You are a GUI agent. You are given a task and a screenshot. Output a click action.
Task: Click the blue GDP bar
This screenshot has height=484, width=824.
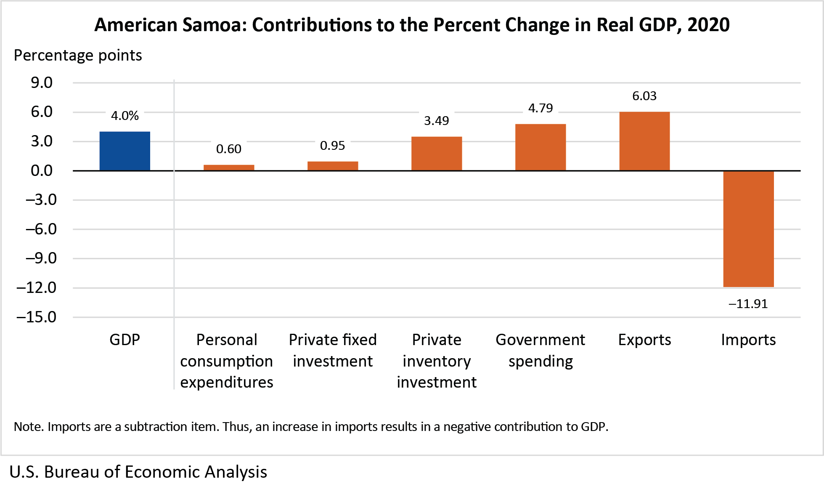125,151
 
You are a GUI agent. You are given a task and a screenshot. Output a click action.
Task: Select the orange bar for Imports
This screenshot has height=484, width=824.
748,229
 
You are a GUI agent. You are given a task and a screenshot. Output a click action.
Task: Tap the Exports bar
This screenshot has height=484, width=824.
644,141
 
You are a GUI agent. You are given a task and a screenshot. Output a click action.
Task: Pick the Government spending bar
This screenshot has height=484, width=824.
541,147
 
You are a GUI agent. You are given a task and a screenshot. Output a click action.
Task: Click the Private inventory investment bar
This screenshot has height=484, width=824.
437,154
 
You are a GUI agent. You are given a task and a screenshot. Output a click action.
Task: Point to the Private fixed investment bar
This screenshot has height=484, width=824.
333,166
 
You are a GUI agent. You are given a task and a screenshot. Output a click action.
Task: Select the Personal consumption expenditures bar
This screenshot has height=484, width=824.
229,168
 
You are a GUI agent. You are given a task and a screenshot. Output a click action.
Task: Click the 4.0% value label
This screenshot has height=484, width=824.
125,116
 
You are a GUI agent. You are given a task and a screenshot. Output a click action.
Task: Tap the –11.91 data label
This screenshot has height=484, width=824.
748,304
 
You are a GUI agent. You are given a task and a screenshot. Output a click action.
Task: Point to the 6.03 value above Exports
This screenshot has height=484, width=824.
644,96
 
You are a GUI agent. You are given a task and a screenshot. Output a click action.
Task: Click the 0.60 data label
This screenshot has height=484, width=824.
229,149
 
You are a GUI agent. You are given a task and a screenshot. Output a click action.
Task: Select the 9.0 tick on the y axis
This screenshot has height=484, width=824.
42,83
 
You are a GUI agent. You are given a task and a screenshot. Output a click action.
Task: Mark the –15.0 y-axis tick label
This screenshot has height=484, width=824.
37,317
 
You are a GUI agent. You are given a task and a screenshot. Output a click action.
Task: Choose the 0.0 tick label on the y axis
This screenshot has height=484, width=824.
42,170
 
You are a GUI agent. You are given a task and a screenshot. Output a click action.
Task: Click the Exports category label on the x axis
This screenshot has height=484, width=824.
644,340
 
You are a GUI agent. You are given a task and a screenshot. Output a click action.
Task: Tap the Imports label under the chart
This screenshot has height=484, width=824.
748,340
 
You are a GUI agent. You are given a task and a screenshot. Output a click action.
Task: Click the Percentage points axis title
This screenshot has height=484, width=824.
78,56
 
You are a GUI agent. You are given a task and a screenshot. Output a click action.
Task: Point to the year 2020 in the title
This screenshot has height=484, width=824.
708,25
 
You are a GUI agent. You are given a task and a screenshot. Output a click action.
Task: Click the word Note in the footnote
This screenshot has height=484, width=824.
27,427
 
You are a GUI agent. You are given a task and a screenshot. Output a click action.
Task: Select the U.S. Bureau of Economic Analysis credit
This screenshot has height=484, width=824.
138,472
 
